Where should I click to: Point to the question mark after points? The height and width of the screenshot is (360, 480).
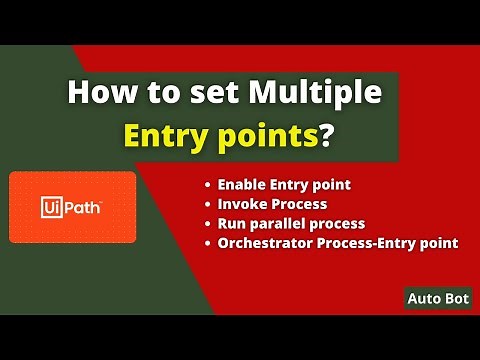(325, 138)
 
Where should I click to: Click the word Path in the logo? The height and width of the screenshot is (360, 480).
(86, 207)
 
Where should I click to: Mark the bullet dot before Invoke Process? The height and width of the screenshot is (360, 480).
(207, 205)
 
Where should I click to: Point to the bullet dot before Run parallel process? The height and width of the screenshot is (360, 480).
(207, 223)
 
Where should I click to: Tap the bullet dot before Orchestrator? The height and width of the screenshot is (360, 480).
(207, 242)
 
